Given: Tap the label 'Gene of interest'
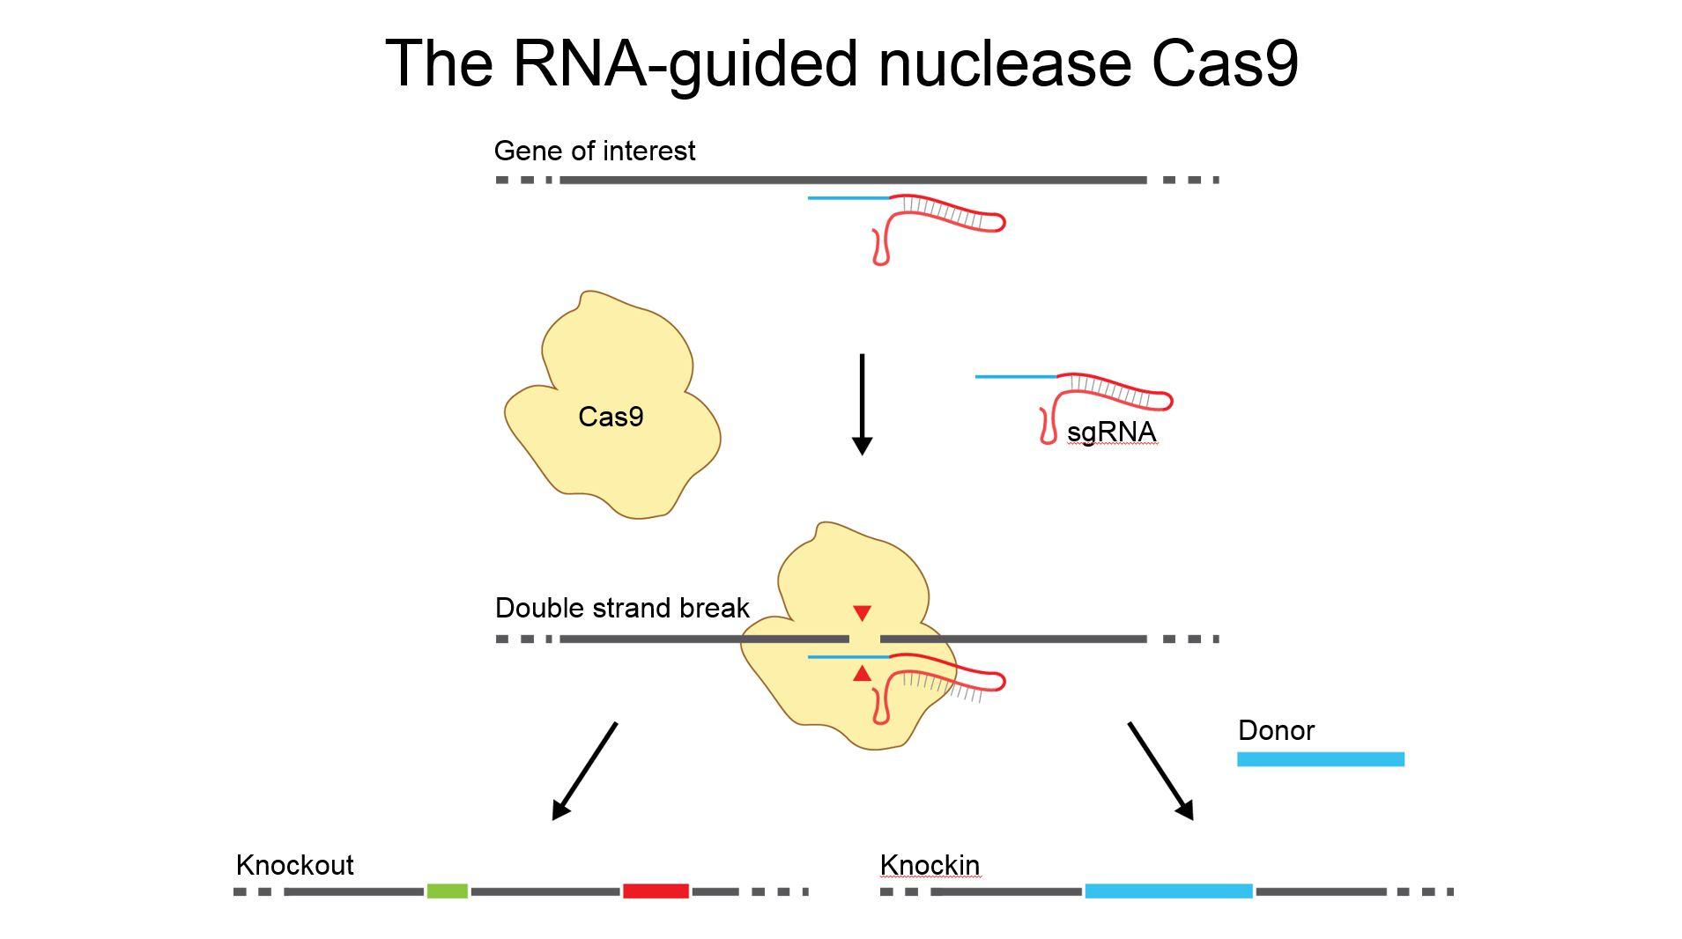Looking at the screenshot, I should (x=594, y=151).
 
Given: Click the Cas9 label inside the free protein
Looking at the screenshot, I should (x=611, y=417).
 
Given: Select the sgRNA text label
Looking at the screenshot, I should (x=1110, y=432).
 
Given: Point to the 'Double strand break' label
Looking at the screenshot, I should (x=621, y=608).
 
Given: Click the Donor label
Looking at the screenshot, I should (x=1275, y=730).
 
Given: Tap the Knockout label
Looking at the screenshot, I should (x=294, y=865).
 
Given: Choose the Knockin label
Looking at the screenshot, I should (x=929, y=865).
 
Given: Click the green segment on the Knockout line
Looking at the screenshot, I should (x=447, y=891).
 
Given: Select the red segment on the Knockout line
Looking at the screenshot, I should (x=655, y=891).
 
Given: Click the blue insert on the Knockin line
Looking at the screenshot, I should (x=1167, y=891).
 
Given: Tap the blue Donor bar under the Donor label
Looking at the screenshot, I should (x=1320, y=759).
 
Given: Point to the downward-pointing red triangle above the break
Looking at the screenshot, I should (x=862, y=612).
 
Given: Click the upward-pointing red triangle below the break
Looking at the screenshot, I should (x=862, y=676).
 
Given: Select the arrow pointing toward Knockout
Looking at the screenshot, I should (x=584, y=772).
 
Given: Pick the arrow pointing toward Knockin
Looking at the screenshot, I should (x=1160, y=772).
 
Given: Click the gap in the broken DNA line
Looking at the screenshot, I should (x=864, y=639).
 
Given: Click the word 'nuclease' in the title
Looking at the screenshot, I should (x=1004, y=63).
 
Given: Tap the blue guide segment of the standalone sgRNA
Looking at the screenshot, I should (x=1015, y=377).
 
